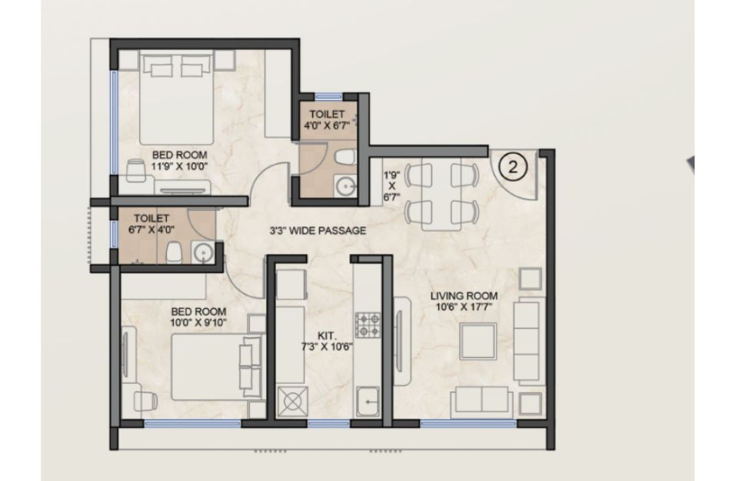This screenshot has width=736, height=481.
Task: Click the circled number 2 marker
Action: click(x=512, y=167)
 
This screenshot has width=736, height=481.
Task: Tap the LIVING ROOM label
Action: click(x=465, y=296)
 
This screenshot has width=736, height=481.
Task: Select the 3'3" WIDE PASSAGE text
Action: click(x=318, y=231)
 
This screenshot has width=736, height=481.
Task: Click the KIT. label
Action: click(x=327, y=336)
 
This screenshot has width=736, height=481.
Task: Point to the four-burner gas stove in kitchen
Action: click(x=368, y=325)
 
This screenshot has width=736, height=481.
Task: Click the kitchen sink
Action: click(x=368, y=402)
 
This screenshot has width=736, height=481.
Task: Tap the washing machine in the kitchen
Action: click(x=292, y=401)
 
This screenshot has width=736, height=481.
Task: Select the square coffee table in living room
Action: click(x=478, y=341)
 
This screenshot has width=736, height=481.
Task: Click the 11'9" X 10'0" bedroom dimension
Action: click(x=179, y=165)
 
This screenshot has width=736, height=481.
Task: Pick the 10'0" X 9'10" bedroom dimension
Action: click(x=198, y=322)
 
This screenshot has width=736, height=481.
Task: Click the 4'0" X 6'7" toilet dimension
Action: click(x=327, y=125)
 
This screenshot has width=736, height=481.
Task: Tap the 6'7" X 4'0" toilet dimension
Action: click(x=152, y=229)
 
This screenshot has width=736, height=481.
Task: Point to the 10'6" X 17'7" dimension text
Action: click(x=465, y=307)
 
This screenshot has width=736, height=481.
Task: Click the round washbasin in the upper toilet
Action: click(x=346, y=187)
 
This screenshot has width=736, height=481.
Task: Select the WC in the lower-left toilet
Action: click(x=174, y=252)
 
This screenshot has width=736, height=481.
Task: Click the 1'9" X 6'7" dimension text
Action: click(x=392, y=186)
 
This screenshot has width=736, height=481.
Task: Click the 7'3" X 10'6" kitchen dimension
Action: click(x=327, y=347)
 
